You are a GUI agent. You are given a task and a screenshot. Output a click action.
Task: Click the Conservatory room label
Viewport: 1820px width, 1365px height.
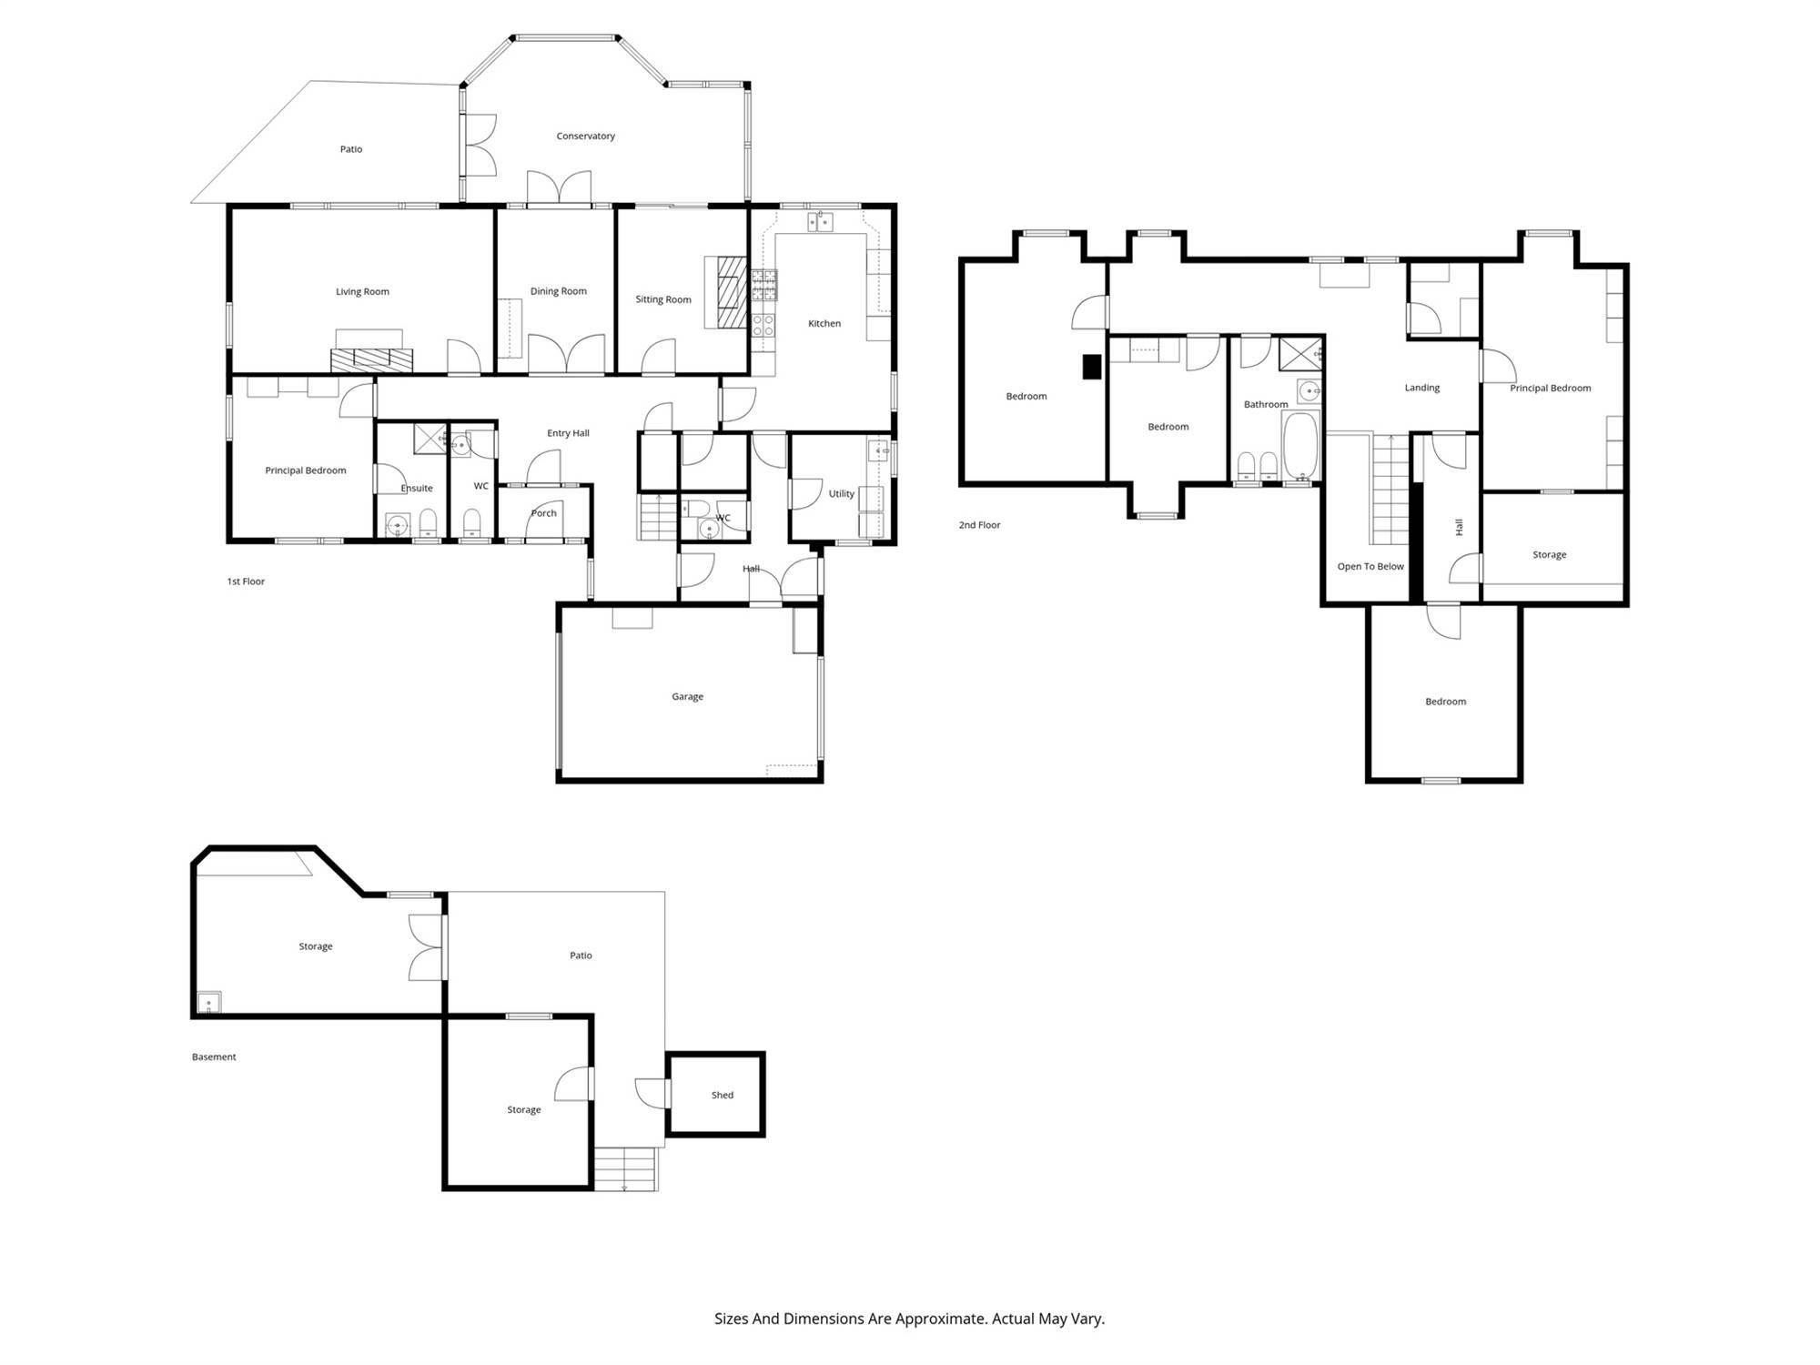585,136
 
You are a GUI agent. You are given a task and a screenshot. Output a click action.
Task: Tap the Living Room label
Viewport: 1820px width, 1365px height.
362,292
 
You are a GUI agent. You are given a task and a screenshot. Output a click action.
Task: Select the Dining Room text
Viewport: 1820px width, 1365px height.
558,291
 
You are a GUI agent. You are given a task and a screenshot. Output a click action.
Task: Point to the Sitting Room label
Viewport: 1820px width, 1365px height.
662,299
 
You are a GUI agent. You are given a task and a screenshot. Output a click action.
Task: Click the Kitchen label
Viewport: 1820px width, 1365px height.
824,323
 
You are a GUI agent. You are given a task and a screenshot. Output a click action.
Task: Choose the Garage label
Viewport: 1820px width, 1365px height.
687,696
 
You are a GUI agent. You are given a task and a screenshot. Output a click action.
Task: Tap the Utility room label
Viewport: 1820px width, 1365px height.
841,494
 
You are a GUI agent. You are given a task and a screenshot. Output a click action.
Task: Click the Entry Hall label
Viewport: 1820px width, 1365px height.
568,433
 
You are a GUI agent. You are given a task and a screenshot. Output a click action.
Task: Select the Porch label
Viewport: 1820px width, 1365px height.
543,513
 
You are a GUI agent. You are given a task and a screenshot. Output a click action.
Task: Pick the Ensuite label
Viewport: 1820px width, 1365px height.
417,489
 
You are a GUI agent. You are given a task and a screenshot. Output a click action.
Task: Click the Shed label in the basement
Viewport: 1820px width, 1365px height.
722,1095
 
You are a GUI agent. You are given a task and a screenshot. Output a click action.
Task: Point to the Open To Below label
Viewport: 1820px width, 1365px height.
1370,566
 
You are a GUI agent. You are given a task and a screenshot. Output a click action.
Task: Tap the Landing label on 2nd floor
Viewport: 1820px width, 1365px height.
1421,388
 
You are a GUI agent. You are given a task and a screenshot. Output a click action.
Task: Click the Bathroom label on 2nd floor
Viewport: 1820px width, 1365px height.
1266,404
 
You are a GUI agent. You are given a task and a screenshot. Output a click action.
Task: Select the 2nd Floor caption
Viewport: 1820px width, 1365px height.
979,525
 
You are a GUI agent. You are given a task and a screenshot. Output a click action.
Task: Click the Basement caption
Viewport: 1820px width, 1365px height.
214,1057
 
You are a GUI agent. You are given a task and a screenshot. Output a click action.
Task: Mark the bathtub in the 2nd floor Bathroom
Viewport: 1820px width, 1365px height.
1300,445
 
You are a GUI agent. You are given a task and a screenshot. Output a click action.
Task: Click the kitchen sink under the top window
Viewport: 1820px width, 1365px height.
820,221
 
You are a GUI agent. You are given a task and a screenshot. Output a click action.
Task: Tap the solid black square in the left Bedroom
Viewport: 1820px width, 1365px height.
1092,367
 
